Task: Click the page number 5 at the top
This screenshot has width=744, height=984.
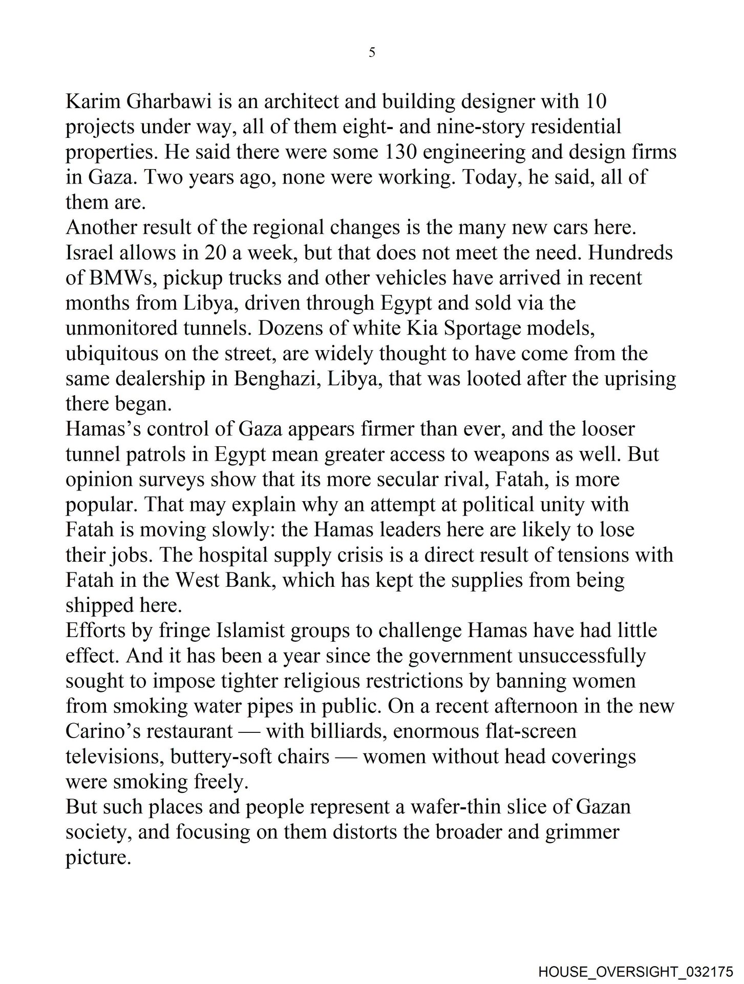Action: point(372,52)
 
